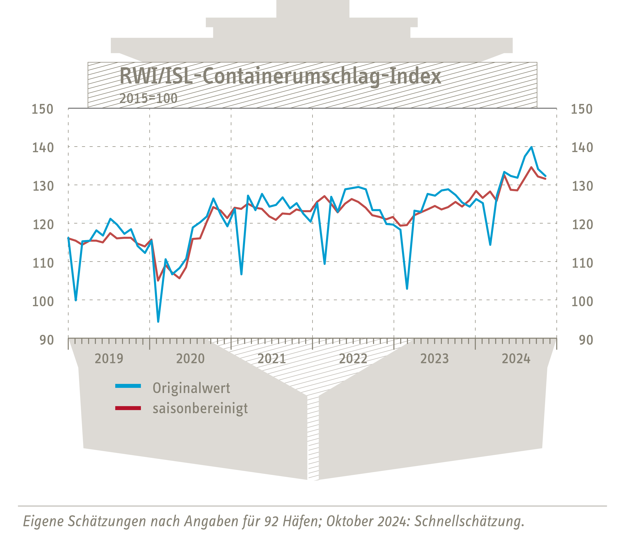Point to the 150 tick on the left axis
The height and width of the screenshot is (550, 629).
[42, 109]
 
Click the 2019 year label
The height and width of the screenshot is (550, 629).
[109, 358]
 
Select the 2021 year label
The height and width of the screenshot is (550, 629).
[272, 358]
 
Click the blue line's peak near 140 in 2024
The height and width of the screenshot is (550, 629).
[531, 147]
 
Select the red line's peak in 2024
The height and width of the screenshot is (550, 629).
[531, 167]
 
